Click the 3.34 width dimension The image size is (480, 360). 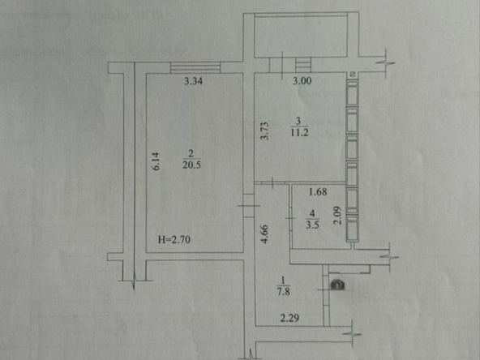[193, 81]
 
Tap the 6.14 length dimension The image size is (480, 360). [156, 161]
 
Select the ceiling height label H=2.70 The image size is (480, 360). [174, 239]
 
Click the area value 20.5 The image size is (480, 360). [191, 165]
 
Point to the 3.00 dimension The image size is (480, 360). [302, 81]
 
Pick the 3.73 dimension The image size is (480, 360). [265, 131]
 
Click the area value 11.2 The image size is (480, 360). [299, 133]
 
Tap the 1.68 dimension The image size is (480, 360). [318, 192]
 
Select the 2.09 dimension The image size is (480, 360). [337, 216]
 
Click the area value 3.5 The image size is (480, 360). [312, 225]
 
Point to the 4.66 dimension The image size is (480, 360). [264, 234]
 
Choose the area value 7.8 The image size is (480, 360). [284, 291]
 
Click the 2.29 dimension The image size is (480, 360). [289, 318]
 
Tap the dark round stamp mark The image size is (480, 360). [337, 285]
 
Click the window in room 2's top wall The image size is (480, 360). [195, 67]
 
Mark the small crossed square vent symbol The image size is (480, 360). [353, 74]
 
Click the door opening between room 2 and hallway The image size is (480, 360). [249, 206]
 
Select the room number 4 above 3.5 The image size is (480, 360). [312, 213]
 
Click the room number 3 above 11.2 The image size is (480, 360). [298, 121]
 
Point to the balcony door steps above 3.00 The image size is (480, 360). [303, 65]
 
